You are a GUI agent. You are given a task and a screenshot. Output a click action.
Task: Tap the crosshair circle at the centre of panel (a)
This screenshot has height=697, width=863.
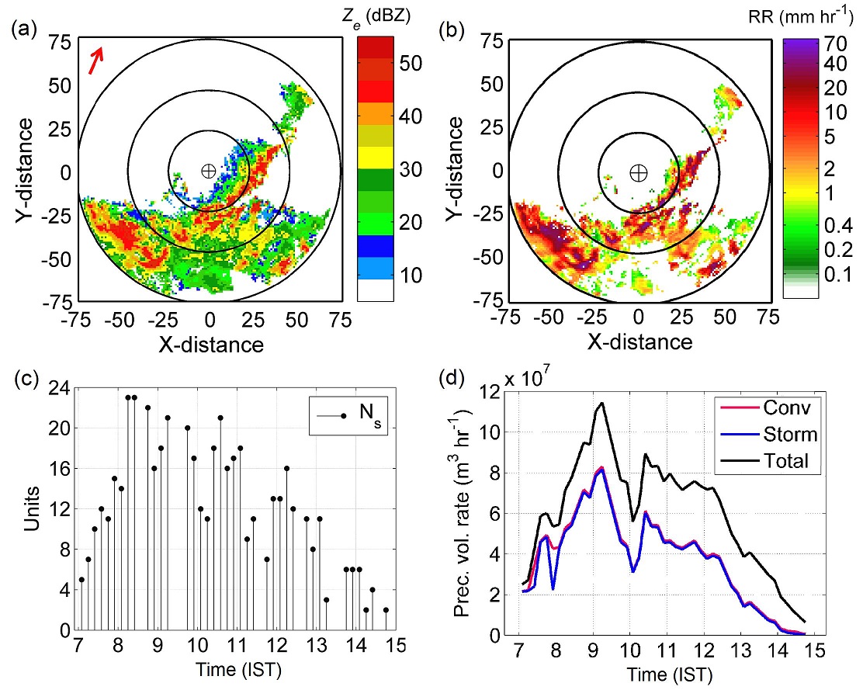pyautogui.click(x=208, y=171)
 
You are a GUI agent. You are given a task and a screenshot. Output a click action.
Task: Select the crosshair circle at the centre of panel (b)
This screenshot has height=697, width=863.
pyautogui.click(x=638, y=172)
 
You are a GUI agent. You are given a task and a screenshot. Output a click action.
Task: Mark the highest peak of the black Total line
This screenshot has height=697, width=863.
pyautogui.click(x=601, y=402)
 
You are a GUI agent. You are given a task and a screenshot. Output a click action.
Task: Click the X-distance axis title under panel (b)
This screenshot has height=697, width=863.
pyautogui.click(x=639, y=342)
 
